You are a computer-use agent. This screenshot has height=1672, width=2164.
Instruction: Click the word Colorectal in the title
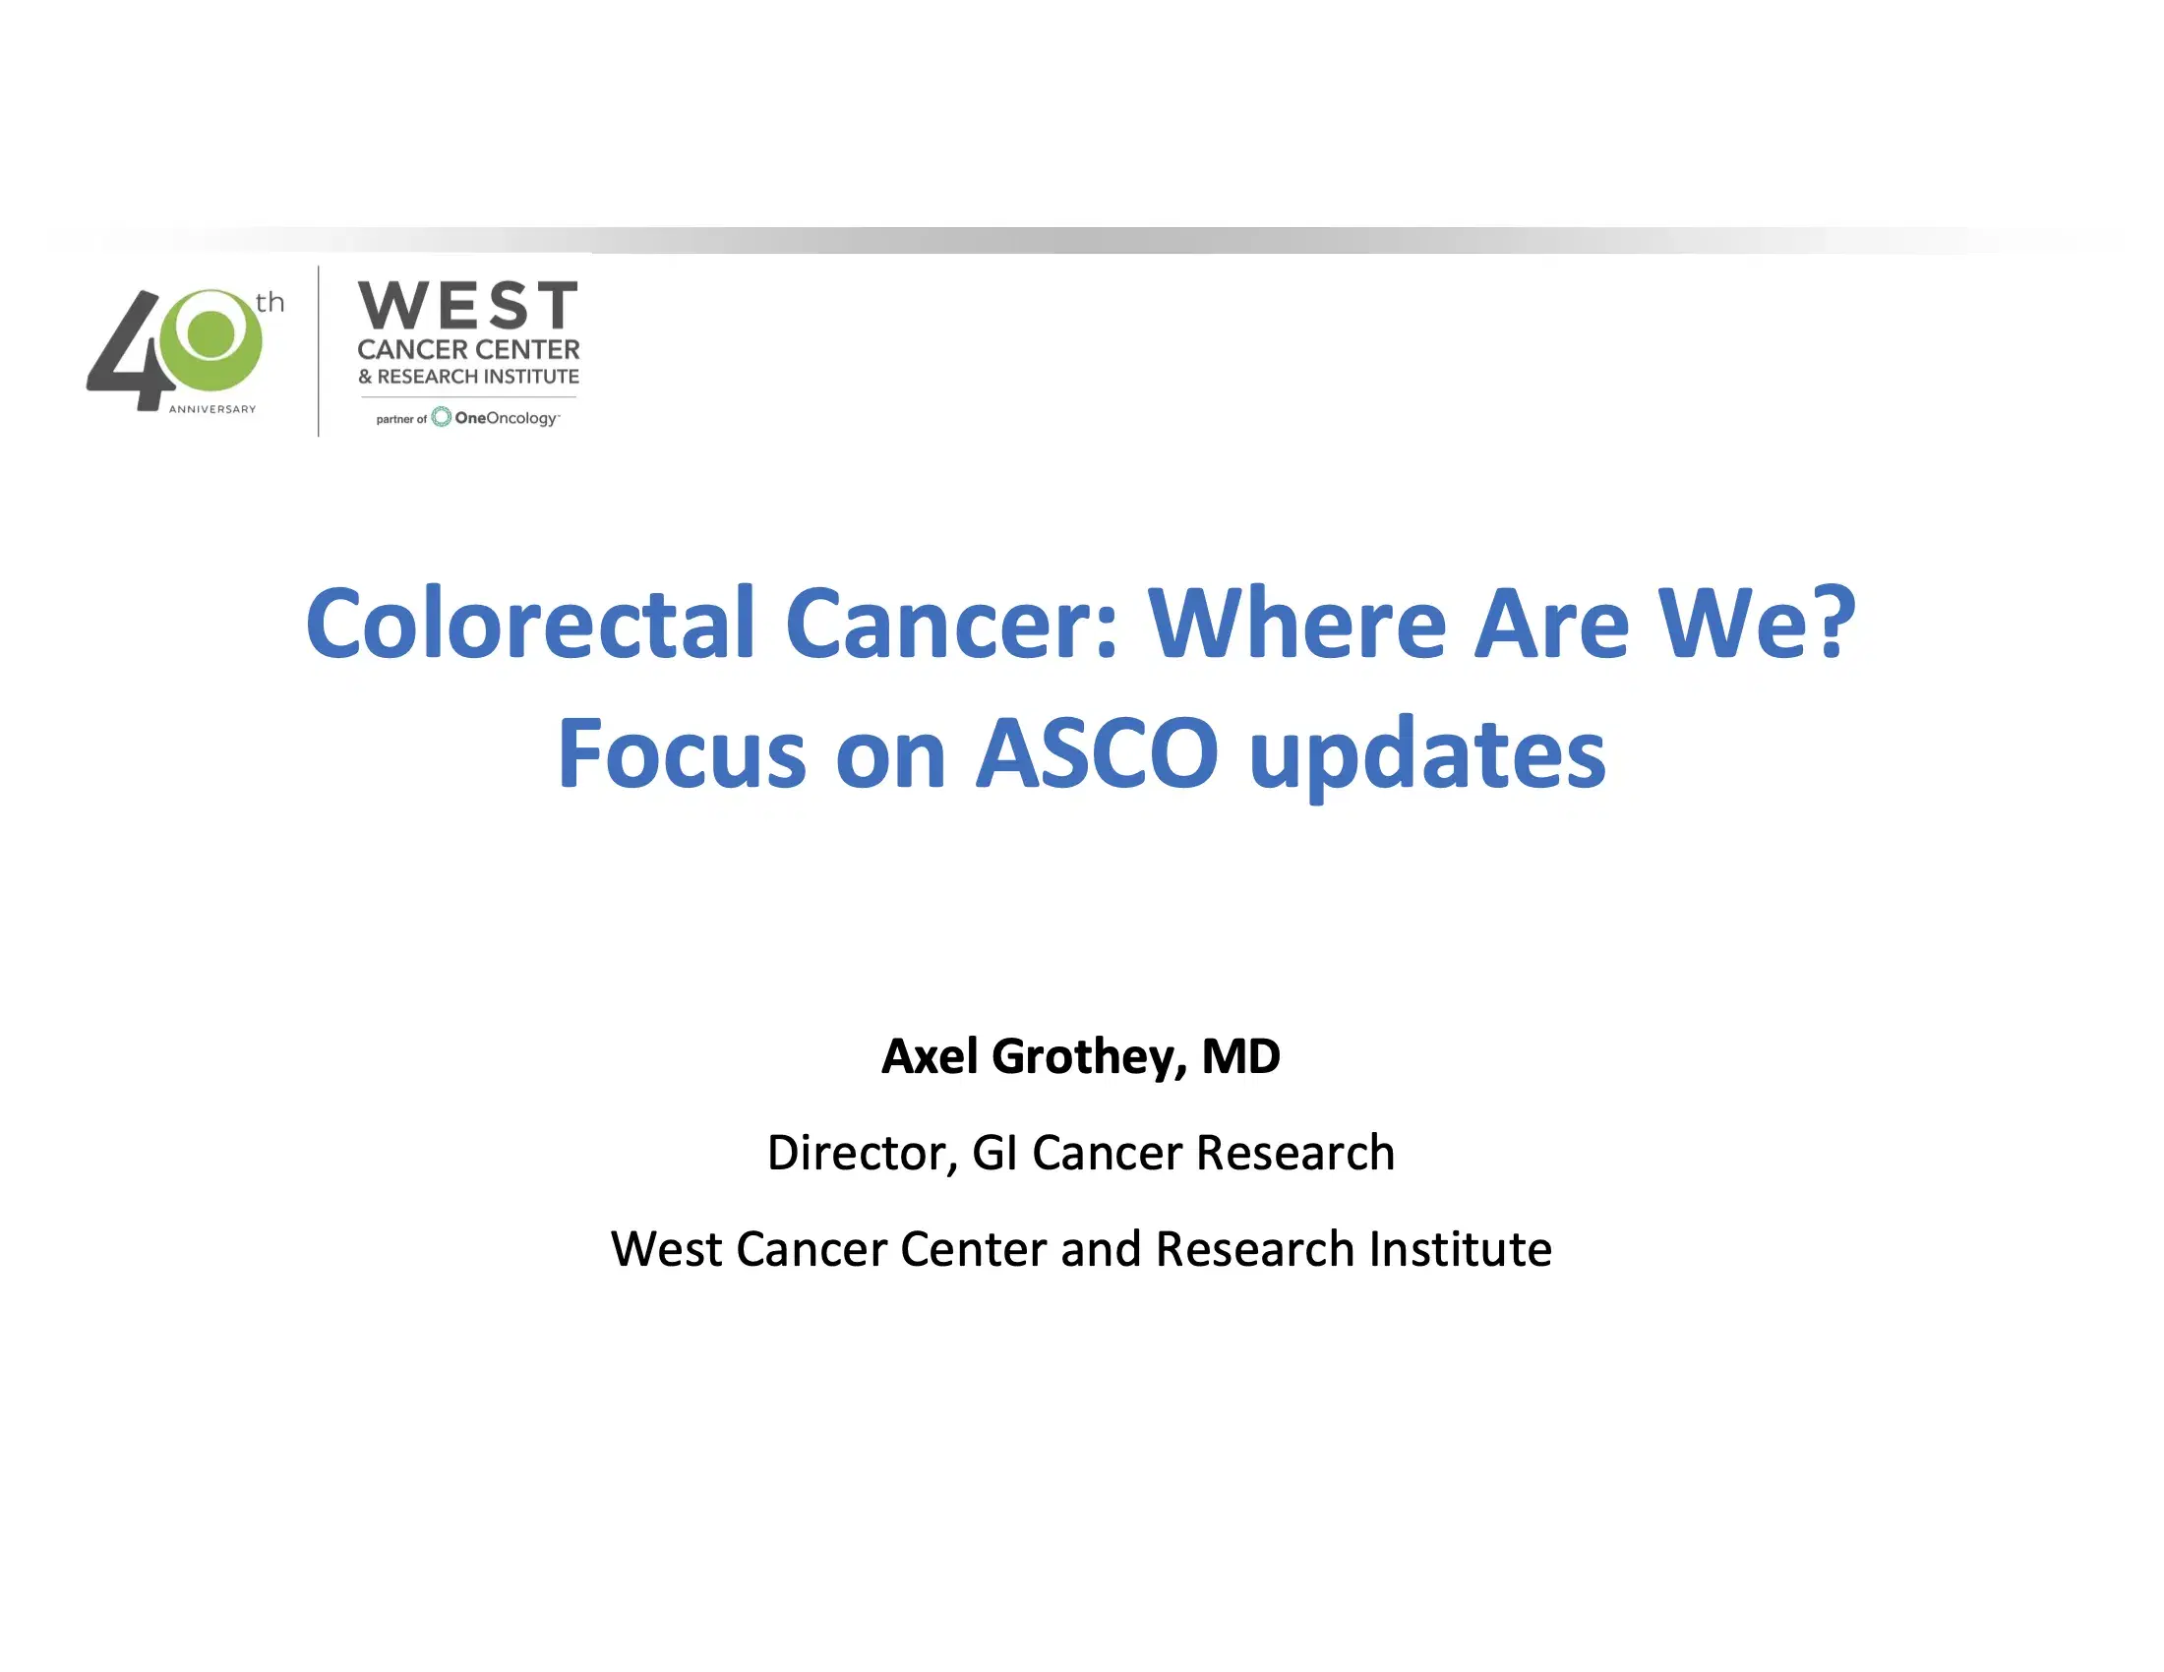point(530,623)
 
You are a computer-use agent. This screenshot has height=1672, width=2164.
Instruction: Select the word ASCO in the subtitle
point(1097,753)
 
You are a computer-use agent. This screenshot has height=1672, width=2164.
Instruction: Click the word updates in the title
point(1427,757)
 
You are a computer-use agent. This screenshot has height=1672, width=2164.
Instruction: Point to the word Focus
point(681,753)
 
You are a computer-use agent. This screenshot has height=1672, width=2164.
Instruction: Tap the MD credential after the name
point(1240,1056)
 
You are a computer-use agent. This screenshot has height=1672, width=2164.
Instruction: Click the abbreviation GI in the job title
point(994,1152)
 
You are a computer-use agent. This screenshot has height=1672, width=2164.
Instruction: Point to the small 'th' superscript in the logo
point(270,302)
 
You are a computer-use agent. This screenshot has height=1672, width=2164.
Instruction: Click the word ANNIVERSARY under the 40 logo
point(212,409)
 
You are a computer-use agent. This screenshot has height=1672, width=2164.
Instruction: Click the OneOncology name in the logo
point(506,418)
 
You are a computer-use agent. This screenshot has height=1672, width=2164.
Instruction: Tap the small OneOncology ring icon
point(441,417)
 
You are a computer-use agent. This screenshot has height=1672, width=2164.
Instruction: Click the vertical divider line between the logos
point(318,351)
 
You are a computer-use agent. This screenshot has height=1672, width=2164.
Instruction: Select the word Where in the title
point(1298,623)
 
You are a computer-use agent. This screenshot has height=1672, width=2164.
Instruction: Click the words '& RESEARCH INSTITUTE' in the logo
point(467,377)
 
